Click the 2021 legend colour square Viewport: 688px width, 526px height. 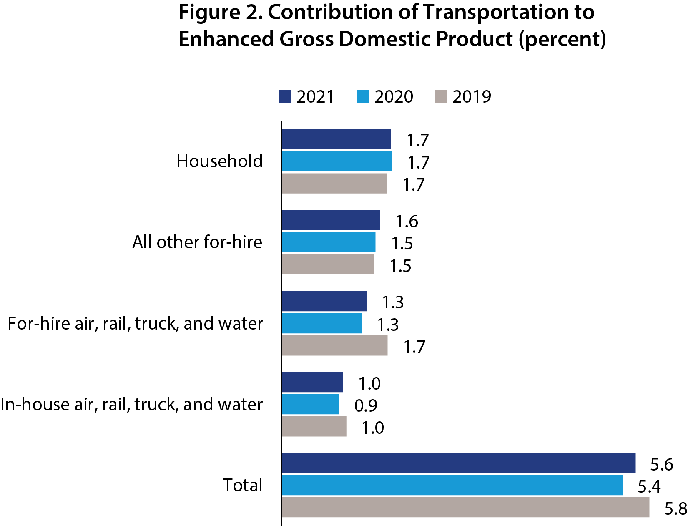(285, 97)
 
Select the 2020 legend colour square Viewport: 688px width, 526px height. (363, 97)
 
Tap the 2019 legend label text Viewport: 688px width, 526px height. (472, 97)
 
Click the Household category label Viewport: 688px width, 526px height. (219, 161)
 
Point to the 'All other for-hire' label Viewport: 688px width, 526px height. (197, 242)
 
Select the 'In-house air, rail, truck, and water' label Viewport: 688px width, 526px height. (131, 405)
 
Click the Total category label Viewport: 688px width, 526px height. (242, 486)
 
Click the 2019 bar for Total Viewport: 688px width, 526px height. (465, 507)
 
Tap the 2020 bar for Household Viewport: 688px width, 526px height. (336, 161)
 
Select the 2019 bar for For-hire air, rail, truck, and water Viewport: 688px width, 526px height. (334, 346)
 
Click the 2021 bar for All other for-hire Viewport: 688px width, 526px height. (331, 220)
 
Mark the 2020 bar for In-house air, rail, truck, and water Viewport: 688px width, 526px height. (310, 404)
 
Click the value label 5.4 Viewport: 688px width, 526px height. (649, 487)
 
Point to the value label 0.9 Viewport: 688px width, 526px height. (366, 406)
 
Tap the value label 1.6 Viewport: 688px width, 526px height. (407, 221)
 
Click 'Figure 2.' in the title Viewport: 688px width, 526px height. (219, 13)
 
